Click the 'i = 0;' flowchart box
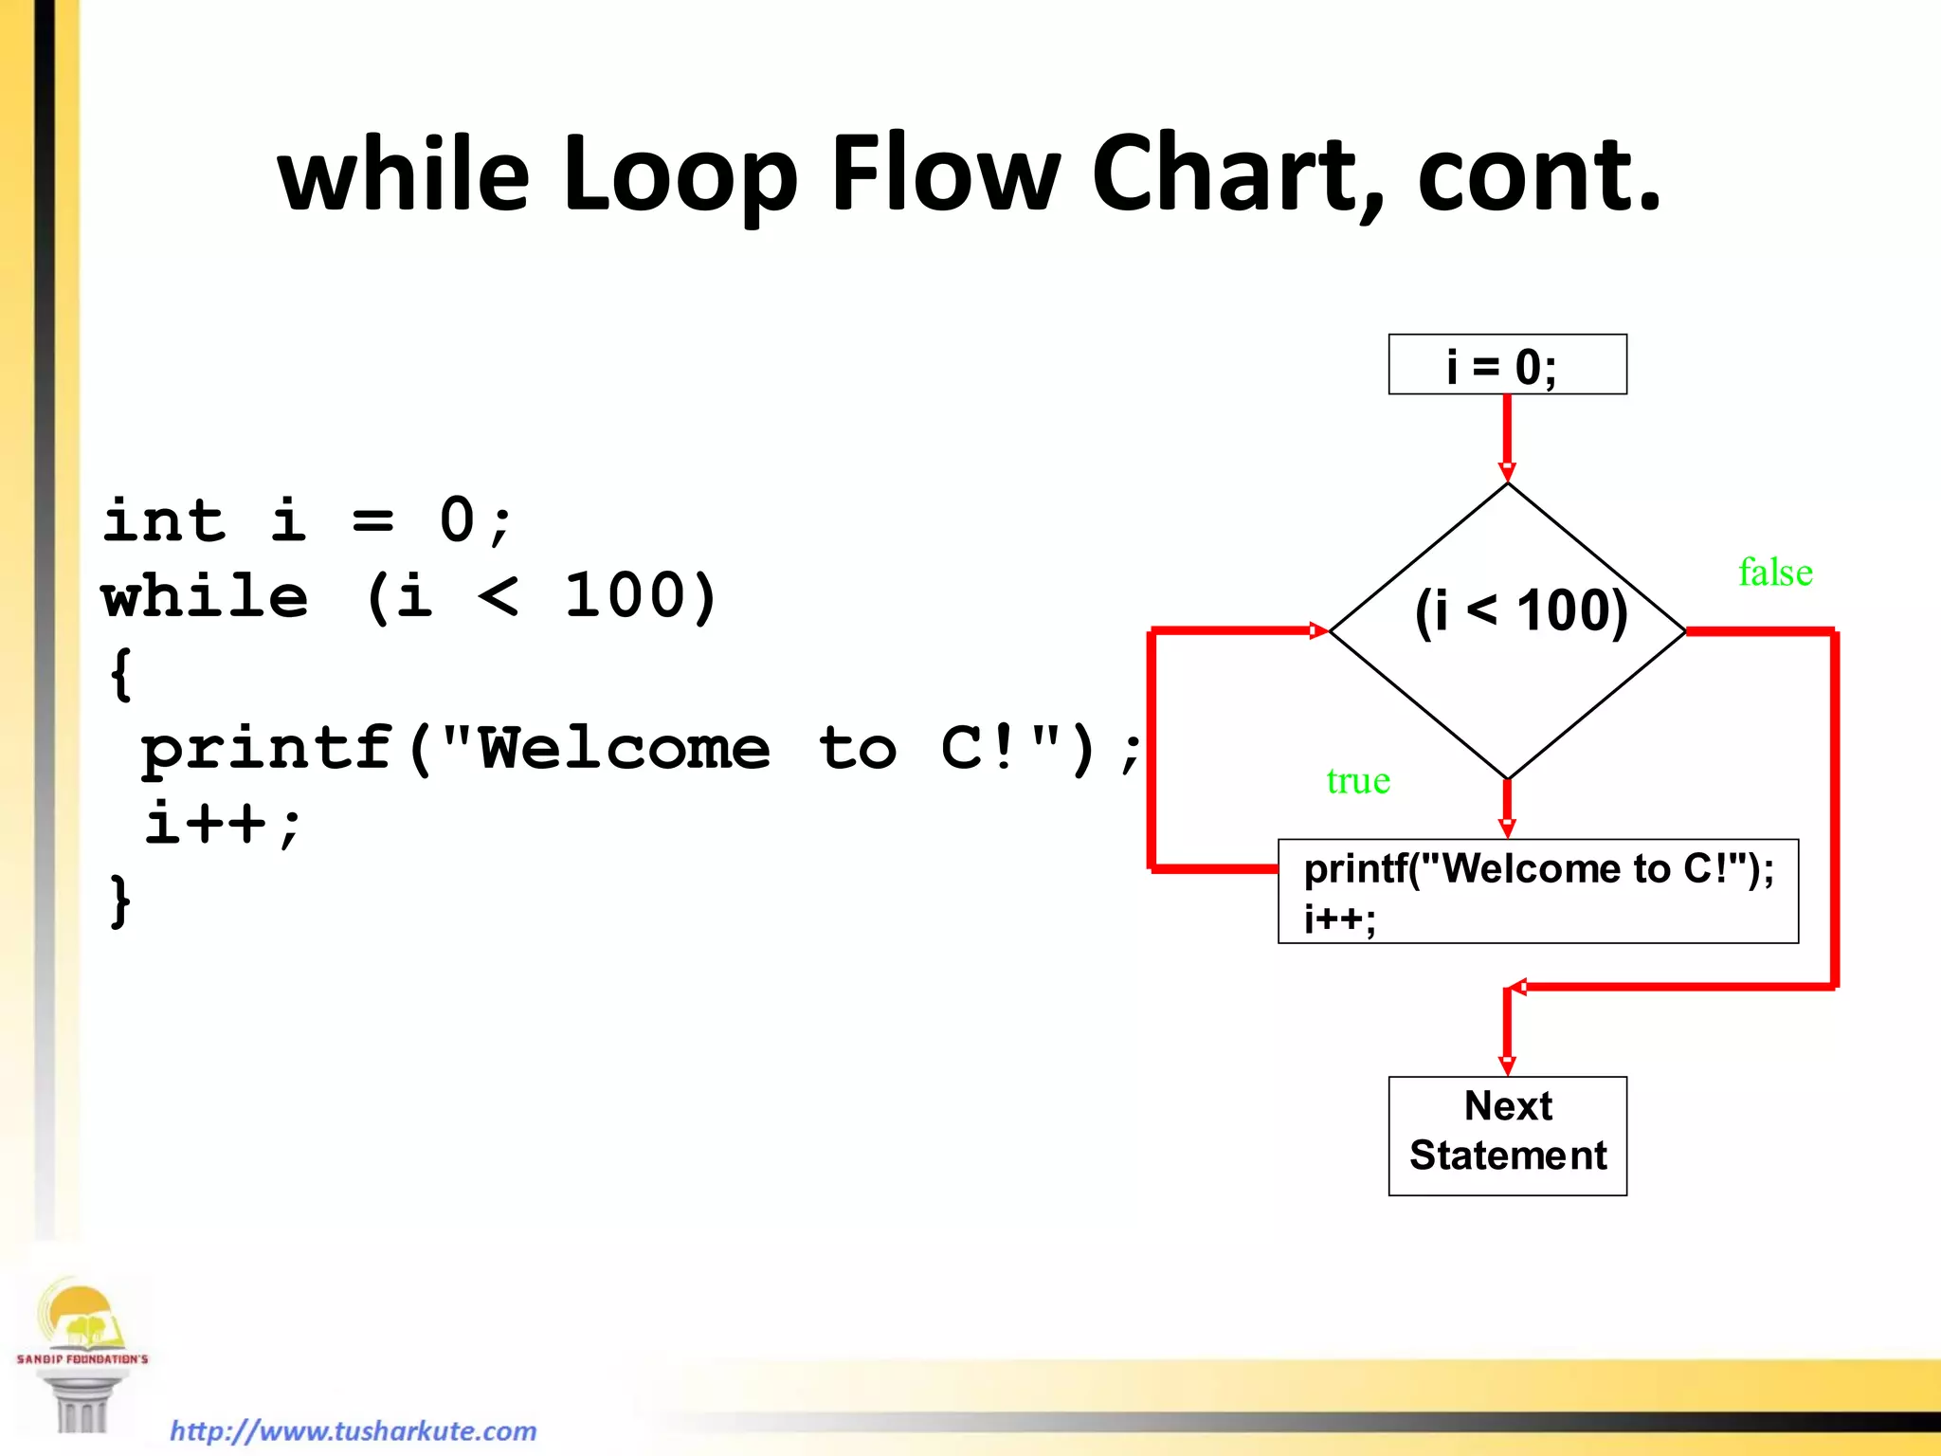pos(1507,365)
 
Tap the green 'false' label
pos(1775,573)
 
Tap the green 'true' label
pos(1358,781)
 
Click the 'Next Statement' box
pos(1507,1135)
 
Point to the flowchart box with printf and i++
pos(1537,891)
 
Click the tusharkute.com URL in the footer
pos(353,1429)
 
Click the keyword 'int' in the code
pos(164,521)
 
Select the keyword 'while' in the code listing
pos(205,597)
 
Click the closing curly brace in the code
pos(120,901)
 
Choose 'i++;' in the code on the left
pos(223,823)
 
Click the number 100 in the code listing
pos(626,597)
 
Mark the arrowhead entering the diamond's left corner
pos(1318,630)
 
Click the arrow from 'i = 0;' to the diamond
pos(1507,436)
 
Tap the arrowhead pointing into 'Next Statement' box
pos(1507,1065)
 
